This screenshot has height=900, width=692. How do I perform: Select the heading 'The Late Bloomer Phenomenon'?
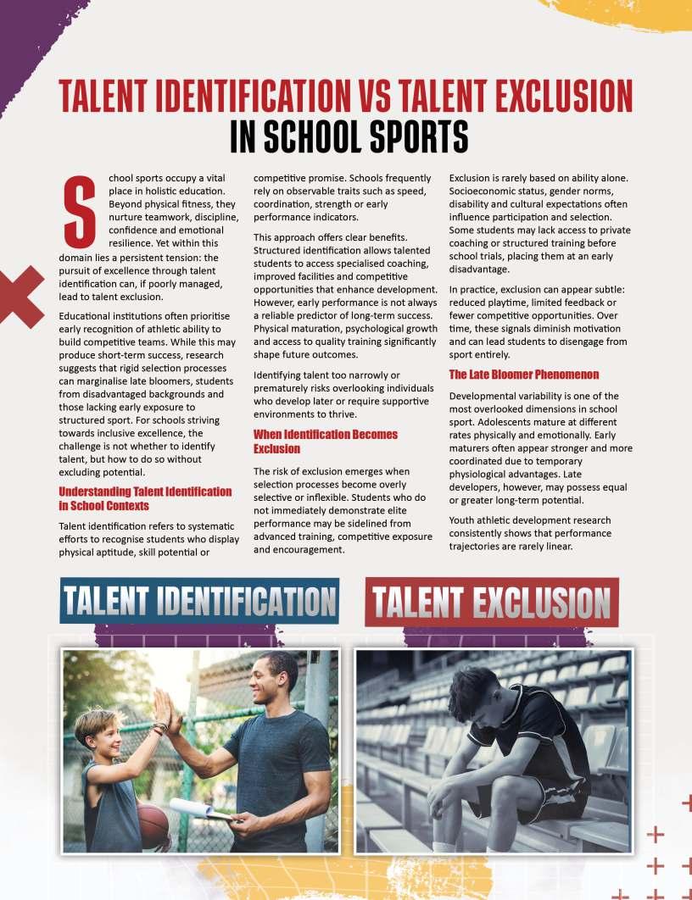(523, 375)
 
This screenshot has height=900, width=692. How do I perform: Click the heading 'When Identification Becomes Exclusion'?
(326, 442)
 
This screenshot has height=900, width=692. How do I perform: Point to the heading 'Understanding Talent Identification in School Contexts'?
(145, 498)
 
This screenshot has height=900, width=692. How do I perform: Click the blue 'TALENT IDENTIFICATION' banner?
(199, 602)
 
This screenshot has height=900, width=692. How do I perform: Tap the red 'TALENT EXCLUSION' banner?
(492, 603)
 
